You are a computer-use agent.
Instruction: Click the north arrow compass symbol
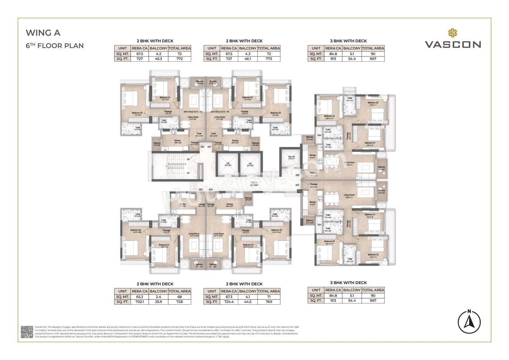pyautogui.click(x=469, y=321)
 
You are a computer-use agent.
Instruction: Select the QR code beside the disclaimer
pyautogui.click(x=27, y=332)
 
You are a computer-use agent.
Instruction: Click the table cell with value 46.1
pyautogui.click(x=248, y=59)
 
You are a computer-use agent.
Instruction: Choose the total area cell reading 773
pyautogui.click(x=269, y=59)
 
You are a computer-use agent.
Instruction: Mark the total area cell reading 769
pyautogui.click(x=269, y=302)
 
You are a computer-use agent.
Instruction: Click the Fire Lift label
pyautogui.click(x=291, y=157)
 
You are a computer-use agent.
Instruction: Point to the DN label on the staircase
pyautogui.click(x=188, y=159)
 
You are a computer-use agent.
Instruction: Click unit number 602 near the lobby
pyautogui.click(x=202, y=147)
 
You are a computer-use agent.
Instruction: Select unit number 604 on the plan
pyautogui.click(x=210, y=189)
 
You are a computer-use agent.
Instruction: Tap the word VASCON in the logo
pyautogui.click(x=453, y=45)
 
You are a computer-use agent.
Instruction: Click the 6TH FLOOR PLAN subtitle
pyautogui.click(x=54, y=45)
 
